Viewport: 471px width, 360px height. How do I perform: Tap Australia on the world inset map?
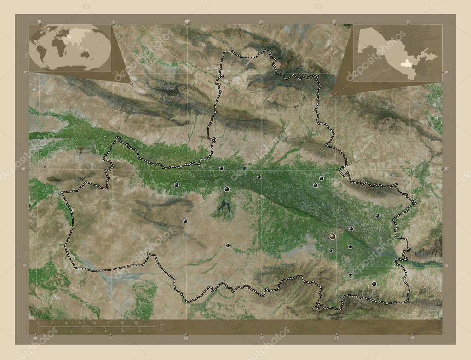click(85, 54)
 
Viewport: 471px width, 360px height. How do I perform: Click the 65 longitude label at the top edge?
click(40, 21)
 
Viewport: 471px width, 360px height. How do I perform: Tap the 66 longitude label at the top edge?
click(187, 21)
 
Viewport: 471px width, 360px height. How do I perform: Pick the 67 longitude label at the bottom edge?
click(336, 338)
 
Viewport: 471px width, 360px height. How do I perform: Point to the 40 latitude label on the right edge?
click(445, 169)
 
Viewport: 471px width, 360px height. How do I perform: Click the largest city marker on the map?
click(333, 236)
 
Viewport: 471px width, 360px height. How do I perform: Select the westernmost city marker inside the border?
click(177, 185)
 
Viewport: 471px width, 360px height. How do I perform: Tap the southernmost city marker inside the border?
click(374, 284)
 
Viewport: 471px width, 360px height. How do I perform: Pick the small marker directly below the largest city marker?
click(330, 251)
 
